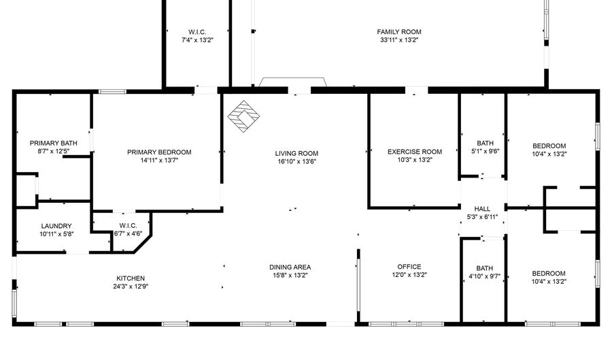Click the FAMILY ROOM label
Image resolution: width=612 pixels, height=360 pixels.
[399, 32]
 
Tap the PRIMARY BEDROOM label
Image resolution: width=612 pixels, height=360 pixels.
[159, 152]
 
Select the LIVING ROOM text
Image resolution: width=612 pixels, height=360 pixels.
[296, 153]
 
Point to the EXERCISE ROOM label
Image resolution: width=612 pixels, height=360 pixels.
[415, 152]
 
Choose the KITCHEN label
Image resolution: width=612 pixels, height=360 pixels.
[130, 278]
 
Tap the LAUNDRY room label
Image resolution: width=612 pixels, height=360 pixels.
[56, 226]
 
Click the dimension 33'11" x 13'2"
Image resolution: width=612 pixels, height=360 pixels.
[399, 40]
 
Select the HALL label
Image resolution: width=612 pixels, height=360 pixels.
[482, 209]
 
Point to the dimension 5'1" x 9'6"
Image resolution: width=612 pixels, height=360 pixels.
[485, 152]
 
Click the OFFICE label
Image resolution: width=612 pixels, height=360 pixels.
[409, 267]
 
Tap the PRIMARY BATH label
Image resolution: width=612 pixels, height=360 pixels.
[53, 143]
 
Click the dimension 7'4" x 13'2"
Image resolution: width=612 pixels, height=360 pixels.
[197, 40]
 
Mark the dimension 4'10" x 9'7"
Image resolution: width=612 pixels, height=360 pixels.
[485, 276]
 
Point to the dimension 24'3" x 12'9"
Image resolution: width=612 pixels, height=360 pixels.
[130, 287]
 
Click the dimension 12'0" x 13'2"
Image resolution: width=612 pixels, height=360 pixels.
[409, 275]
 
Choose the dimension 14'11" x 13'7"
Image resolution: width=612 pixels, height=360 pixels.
[159, 161]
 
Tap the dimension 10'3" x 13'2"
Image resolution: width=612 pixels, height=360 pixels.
[415, 160]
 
